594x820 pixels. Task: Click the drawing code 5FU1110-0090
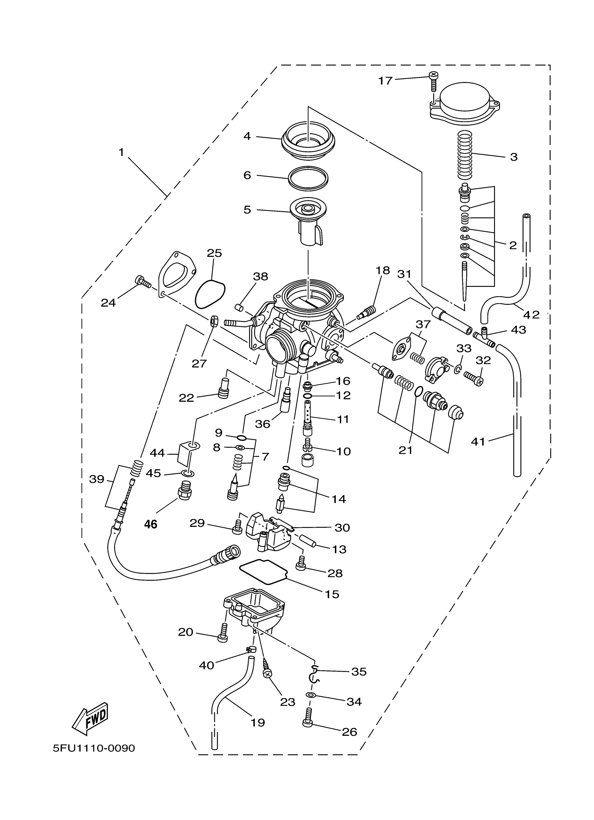coord(94,748)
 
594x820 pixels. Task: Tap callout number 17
coord(385,81)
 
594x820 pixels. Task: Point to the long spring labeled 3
coord(465,155)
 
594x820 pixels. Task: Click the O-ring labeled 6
coord(308,178)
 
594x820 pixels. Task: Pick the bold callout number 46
coord(151,524)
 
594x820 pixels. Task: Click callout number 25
coord(214,253)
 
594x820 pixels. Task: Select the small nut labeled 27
coord(214,320)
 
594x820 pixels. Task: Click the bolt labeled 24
coord(143,281)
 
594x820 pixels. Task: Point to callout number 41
coord(478,442)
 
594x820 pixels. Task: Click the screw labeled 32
coord(473,379)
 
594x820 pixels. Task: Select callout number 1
coord(122,152)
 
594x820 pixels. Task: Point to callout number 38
coord(260,277)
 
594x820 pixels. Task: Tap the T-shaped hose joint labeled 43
coord(484,336)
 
